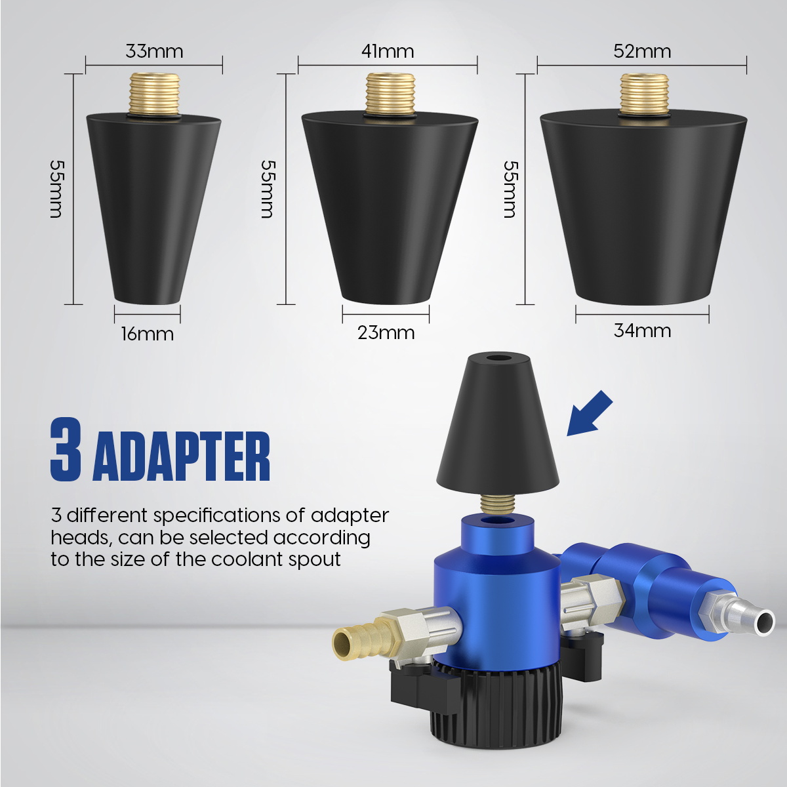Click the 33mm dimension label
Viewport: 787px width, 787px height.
point(154,51)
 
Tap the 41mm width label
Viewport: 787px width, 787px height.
point(387,51)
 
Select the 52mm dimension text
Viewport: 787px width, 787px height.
point(642,51)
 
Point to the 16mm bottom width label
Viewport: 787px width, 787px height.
point(147,334)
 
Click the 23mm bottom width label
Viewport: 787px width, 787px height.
point(386,333)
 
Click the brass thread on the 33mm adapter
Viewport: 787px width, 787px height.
point(153,93)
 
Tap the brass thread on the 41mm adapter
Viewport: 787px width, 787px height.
point(390,93)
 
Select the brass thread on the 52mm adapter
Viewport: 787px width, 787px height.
point(644,92)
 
